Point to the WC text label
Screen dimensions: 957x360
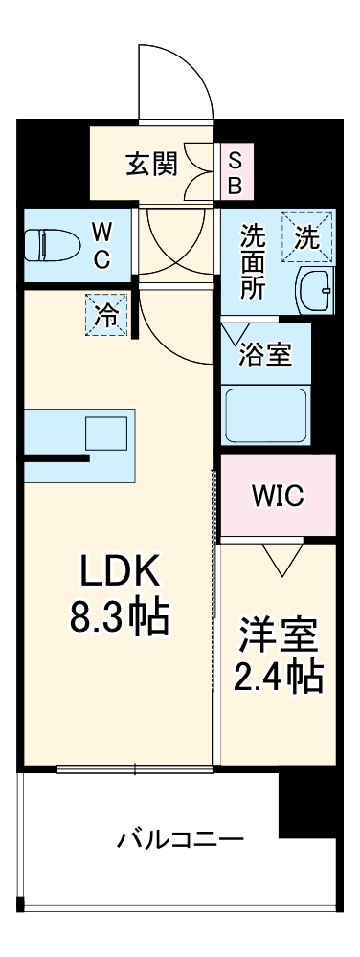click(102, 245)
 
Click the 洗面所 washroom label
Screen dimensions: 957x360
click(253, 261)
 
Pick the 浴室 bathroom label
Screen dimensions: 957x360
click(264, 352)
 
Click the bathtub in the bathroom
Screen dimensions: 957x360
click(266, 414)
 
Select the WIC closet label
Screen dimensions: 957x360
click(278, 497)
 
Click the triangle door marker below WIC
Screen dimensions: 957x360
click(280, 559)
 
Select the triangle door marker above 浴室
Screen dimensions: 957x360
click(234, 334)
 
